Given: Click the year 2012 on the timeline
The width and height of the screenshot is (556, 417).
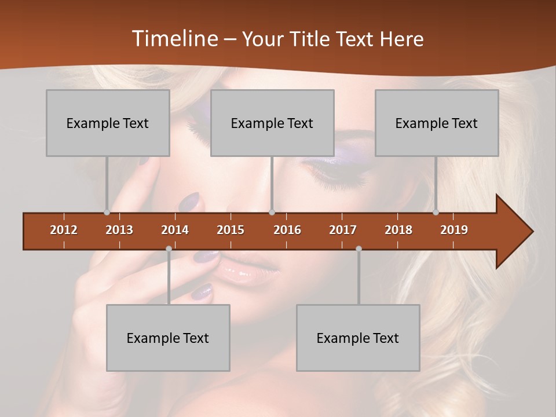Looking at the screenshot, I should click(x=64, y=230).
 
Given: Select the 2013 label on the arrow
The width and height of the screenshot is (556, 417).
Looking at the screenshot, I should click(x=119, y=230).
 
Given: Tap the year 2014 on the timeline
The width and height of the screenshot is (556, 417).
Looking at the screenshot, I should click(x=175, y=230).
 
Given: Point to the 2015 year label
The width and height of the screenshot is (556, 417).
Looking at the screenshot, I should click(x=231, y=230).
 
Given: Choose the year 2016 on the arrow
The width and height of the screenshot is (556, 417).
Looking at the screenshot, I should click(x=287, y=230).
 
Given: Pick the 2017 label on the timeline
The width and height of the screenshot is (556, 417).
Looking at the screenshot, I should click(x=343, y=230).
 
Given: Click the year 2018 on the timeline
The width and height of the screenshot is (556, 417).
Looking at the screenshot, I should click(x=398, y=230).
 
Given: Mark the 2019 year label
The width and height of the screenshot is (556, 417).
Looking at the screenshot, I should click(x=454, y=230).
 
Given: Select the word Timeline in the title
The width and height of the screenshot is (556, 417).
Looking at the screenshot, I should click(x=174, y=39).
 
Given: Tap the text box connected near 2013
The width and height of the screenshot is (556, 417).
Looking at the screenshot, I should click(x=108, y=123).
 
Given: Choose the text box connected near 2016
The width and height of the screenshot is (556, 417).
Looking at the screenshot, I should click(x=272, y=123).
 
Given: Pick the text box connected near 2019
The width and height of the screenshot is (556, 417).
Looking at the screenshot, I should click(x=437, y=123).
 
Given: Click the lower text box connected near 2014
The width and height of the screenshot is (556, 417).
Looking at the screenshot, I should click(x=168, y=338).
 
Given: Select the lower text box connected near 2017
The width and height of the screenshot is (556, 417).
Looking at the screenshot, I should click(x=358, y=338).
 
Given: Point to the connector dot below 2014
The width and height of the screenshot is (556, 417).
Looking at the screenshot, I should click(x=169, y=248).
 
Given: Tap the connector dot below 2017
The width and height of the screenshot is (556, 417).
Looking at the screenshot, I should click(x=359, y=248).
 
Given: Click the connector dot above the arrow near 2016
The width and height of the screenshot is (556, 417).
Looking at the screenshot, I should click(x=272, y=212).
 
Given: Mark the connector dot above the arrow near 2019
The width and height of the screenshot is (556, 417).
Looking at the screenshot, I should click(x=436, y=212).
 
